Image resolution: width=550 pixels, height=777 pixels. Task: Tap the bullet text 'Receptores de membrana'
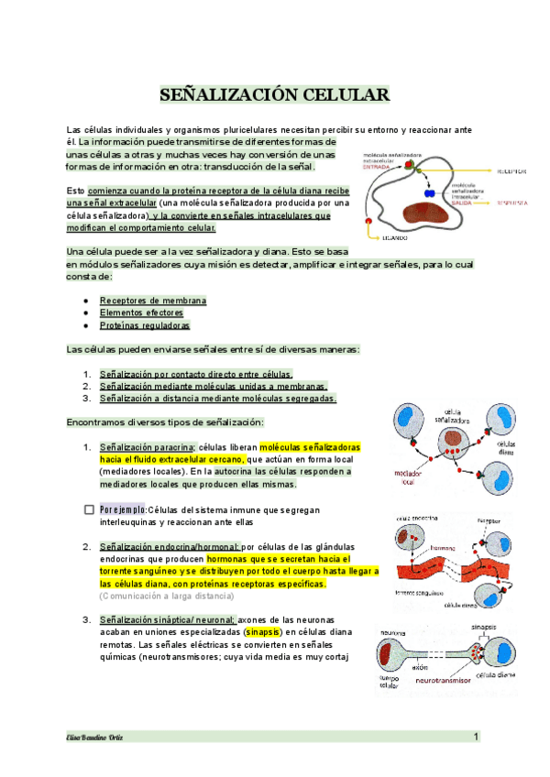(x=153, y=300)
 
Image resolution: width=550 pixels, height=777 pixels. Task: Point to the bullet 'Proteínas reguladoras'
(x=145, y=325)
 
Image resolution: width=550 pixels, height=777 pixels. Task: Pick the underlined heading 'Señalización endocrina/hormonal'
(x=170, y=547)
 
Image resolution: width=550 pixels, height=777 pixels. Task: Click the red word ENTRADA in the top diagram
(x=376, y=168)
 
